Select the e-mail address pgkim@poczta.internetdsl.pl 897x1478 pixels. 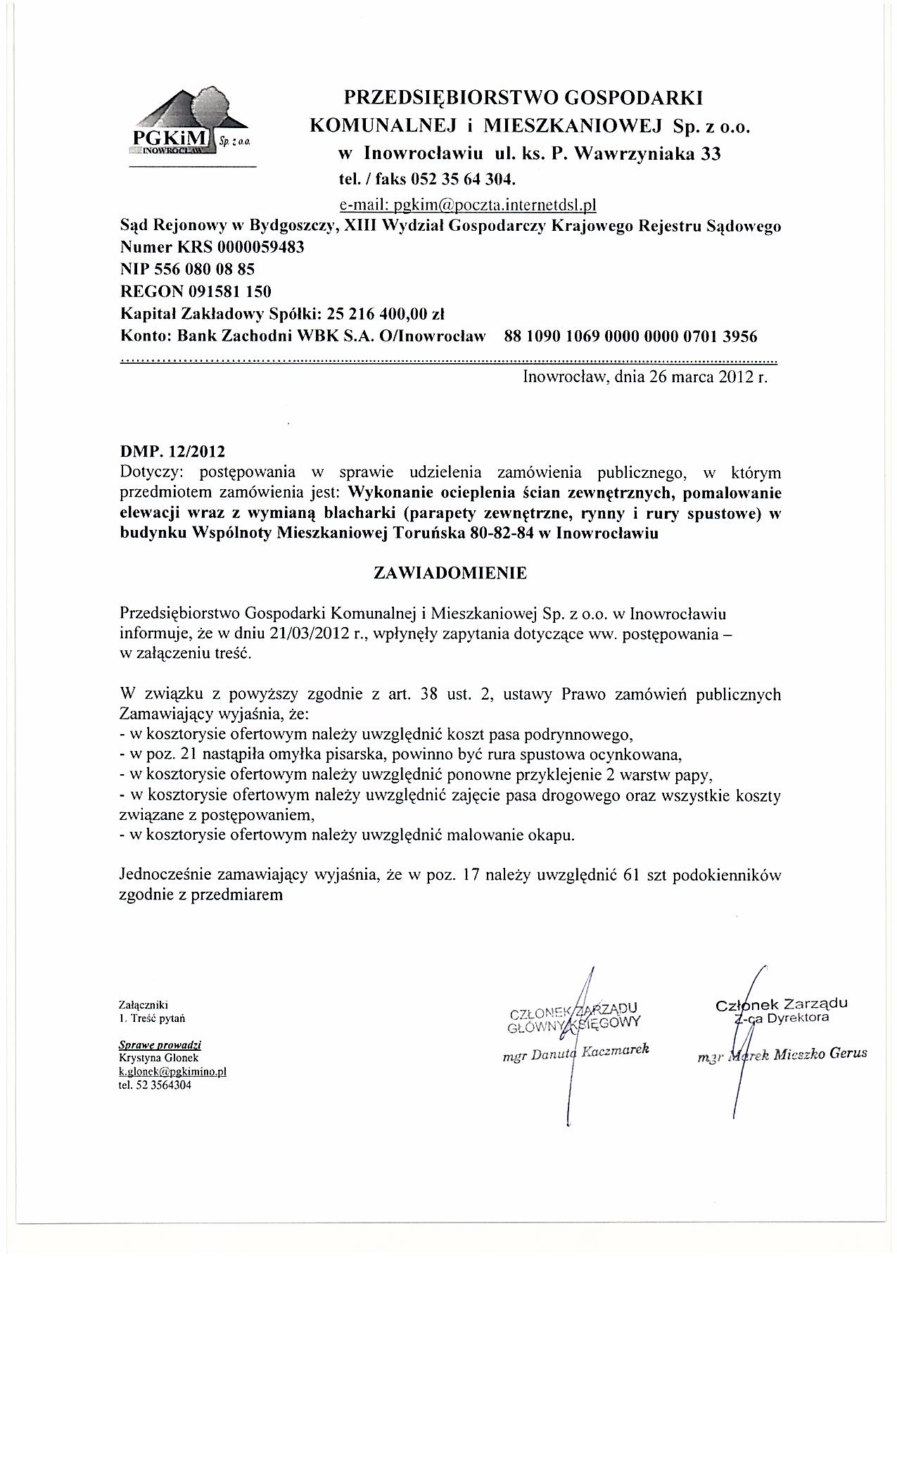(x=468, y=205)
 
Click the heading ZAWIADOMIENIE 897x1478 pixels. (x=450, y=573)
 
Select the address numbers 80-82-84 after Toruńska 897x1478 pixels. (x=500, y=533)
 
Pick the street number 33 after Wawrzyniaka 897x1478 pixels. (x=709, y=155)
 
